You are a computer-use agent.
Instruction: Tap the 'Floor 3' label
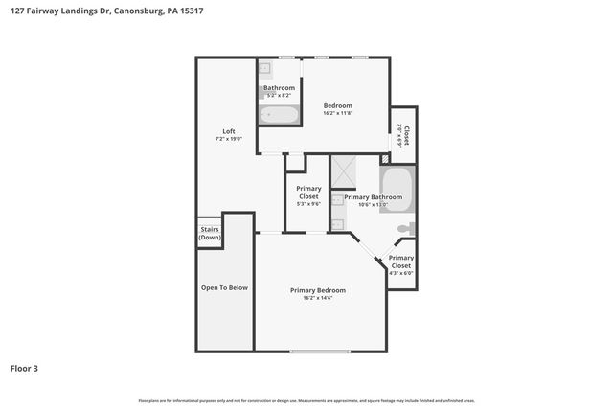(x=25, y=368)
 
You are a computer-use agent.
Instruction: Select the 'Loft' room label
(x=229, y=131)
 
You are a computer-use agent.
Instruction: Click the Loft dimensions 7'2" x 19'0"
(x=229, y=140)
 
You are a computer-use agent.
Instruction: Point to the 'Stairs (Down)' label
(x=209, y=233)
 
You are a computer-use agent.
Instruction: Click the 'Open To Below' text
(x=224, y=287)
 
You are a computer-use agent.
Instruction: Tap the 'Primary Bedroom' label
(x=318, y=289)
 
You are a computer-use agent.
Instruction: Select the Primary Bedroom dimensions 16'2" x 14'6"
(x=318, y=298)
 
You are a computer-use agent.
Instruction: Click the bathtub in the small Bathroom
(x=280, y=115)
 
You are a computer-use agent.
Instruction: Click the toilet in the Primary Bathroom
(x=407, y=229)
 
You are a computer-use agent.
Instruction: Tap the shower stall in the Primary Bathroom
(x=343, y=170)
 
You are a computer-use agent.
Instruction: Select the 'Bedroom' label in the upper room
(x=337, y=105)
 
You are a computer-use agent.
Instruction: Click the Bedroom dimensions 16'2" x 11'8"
(x=337, y=114)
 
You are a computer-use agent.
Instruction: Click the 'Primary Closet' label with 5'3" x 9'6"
(x=308, y=193)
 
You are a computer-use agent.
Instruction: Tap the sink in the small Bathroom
(x=264, y=68)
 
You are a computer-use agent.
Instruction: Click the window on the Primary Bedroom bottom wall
(x=320, y=352)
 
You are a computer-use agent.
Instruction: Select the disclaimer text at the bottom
(x=306, y=400)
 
